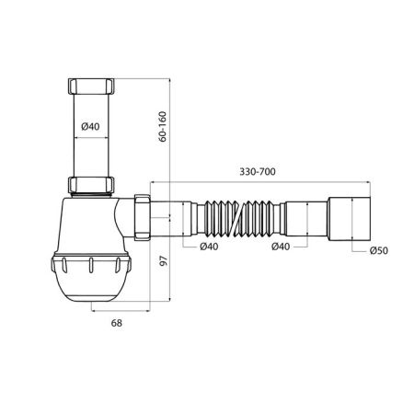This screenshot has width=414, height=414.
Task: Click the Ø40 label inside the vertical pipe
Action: pyautogui.click(x=89, y=127)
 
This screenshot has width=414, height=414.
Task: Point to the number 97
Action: pyautogui.click(x=163, y=260)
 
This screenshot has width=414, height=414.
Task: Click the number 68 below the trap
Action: pyautogui.click(x=116, y=323)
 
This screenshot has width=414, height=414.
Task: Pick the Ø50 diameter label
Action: pyautogui.click(x=377, y=250)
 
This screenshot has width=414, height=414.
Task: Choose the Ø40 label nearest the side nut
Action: pyautogui.click(x=209, y=247)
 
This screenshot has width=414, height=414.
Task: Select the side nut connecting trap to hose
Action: pyautogui.click(x=143, y=219)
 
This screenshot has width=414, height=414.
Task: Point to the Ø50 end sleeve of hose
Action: pyautogui.click(x=350, y=219)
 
